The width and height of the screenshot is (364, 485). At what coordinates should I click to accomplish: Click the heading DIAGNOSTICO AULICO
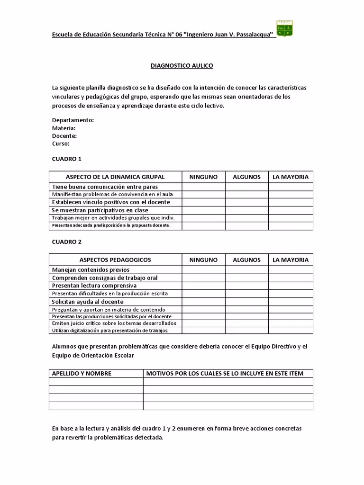tap(182, 65)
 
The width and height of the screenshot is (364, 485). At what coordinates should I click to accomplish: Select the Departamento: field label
tap(73, 120)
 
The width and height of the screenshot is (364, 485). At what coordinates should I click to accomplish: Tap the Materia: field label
tap(64, 128)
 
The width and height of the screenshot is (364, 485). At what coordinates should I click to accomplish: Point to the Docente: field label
tap(64, 135)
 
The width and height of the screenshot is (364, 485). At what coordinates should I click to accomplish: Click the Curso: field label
tap(61, 144)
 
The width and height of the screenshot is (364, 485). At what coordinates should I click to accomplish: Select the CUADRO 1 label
tap(66, 159)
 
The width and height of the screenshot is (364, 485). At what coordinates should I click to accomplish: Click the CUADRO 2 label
tap(66, 242)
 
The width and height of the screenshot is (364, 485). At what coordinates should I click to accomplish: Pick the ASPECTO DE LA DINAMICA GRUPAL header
tap(115, 177)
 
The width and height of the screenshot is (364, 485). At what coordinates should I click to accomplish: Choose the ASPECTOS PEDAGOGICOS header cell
tap(115, 260)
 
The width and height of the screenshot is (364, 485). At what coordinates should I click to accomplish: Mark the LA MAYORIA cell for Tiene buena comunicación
tap(291, 187)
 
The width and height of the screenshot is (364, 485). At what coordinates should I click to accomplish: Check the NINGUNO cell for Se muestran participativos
tap(203, 210)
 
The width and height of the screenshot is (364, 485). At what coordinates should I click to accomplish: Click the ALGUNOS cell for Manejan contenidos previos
tap(246, 269)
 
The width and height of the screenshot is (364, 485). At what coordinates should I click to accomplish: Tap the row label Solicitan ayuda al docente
tap(88, 302)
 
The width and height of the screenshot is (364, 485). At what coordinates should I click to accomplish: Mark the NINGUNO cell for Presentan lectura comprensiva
tap(203, 286)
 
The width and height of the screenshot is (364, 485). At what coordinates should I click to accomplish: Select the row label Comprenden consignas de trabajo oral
tap(105, 278)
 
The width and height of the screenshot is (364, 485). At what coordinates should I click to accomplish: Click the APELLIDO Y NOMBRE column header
tap(82, 373)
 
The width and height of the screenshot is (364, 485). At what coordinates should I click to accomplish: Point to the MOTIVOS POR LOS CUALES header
tap(225, 373)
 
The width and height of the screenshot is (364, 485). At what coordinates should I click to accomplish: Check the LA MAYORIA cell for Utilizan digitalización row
tap(291, 330)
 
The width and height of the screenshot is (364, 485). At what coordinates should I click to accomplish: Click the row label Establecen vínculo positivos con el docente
tap(110, 202)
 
